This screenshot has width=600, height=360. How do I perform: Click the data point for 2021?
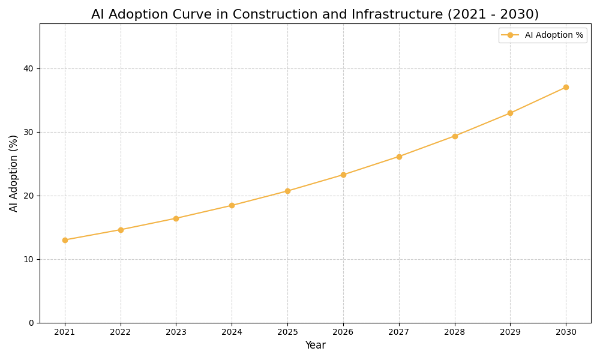coord(65,240)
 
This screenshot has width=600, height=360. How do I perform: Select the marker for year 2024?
coord(232,205)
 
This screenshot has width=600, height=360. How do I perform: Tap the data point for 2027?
coord(399,157)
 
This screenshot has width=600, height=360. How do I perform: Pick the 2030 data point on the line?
coord(566,87)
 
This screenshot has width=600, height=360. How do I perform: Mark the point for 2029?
coord(510,113)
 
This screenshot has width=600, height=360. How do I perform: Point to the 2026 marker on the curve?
coord(343,175)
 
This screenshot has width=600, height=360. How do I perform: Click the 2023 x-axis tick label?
coord(176,332)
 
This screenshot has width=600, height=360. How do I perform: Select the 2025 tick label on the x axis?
coord(287,332)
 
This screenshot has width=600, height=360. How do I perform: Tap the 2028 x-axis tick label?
coord(455,332)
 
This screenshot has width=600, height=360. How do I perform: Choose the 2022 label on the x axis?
coord(121,332)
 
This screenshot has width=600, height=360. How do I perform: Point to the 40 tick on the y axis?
coord(28,68)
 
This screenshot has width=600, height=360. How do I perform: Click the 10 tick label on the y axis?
coord(28,259)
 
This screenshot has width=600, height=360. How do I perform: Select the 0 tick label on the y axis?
coord(31,323)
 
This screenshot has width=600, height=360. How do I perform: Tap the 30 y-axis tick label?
coord(28,132)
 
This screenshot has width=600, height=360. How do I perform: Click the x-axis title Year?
coord(315,346)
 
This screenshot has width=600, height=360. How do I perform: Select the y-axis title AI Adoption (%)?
coord(14,173)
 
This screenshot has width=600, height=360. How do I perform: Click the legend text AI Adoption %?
coord(554,35)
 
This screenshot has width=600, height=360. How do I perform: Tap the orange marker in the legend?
coord(510,35)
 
